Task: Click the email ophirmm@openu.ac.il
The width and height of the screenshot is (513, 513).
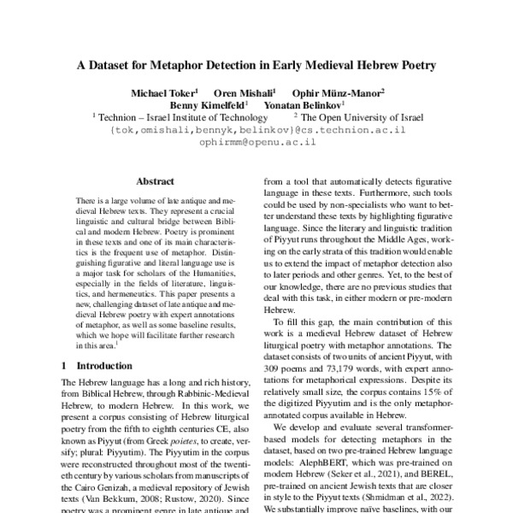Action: click(x=257, y=143)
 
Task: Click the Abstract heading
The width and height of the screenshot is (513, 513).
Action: click(x=155, y=181)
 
